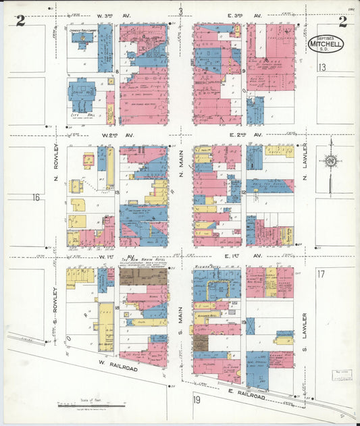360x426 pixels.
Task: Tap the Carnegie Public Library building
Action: point(84,42)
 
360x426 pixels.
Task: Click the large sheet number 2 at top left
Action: point(20,22)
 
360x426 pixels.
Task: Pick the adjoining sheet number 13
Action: point(322,67)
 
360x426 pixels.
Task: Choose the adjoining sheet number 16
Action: point(36,197)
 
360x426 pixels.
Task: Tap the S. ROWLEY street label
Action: point(56,299)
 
